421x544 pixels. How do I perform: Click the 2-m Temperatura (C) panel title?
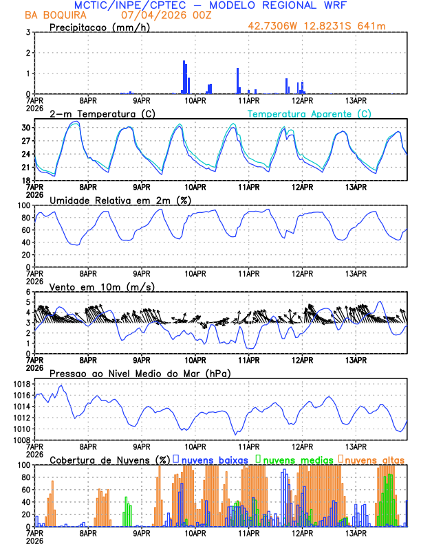[98, 113]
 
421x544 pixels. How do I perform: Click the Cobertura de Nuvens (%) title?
[110, 460]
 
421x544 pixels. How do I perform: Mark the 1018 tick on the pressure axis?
[21, 385]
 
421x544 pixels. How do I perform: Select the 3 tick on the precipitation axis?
[28, 32]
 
